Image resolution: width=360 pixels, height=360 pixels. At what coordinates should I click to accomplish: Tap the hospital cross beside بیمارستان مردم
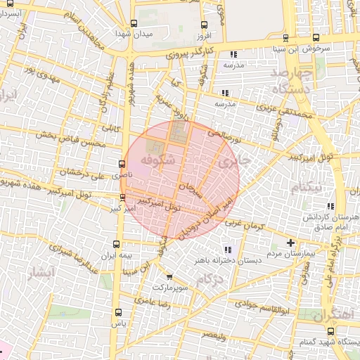pos(291,243)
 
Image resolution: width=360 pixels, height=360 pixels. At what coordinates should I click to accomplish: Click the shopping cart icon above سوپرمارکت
pos(169,278)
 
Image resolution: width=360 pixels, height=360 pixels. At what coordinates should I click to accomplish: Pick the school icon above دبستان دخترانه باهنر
pos(227,249)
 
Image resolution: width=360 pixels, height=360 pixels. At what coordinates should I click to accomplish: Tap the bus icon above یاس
pos(117,313)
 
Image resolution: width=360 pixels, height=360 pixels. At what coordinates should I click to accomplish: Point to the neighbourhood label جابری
pos(234,162)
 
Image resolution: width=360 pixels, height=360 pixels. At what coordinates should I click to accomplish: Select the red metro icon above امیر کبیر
pos(123,197)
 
